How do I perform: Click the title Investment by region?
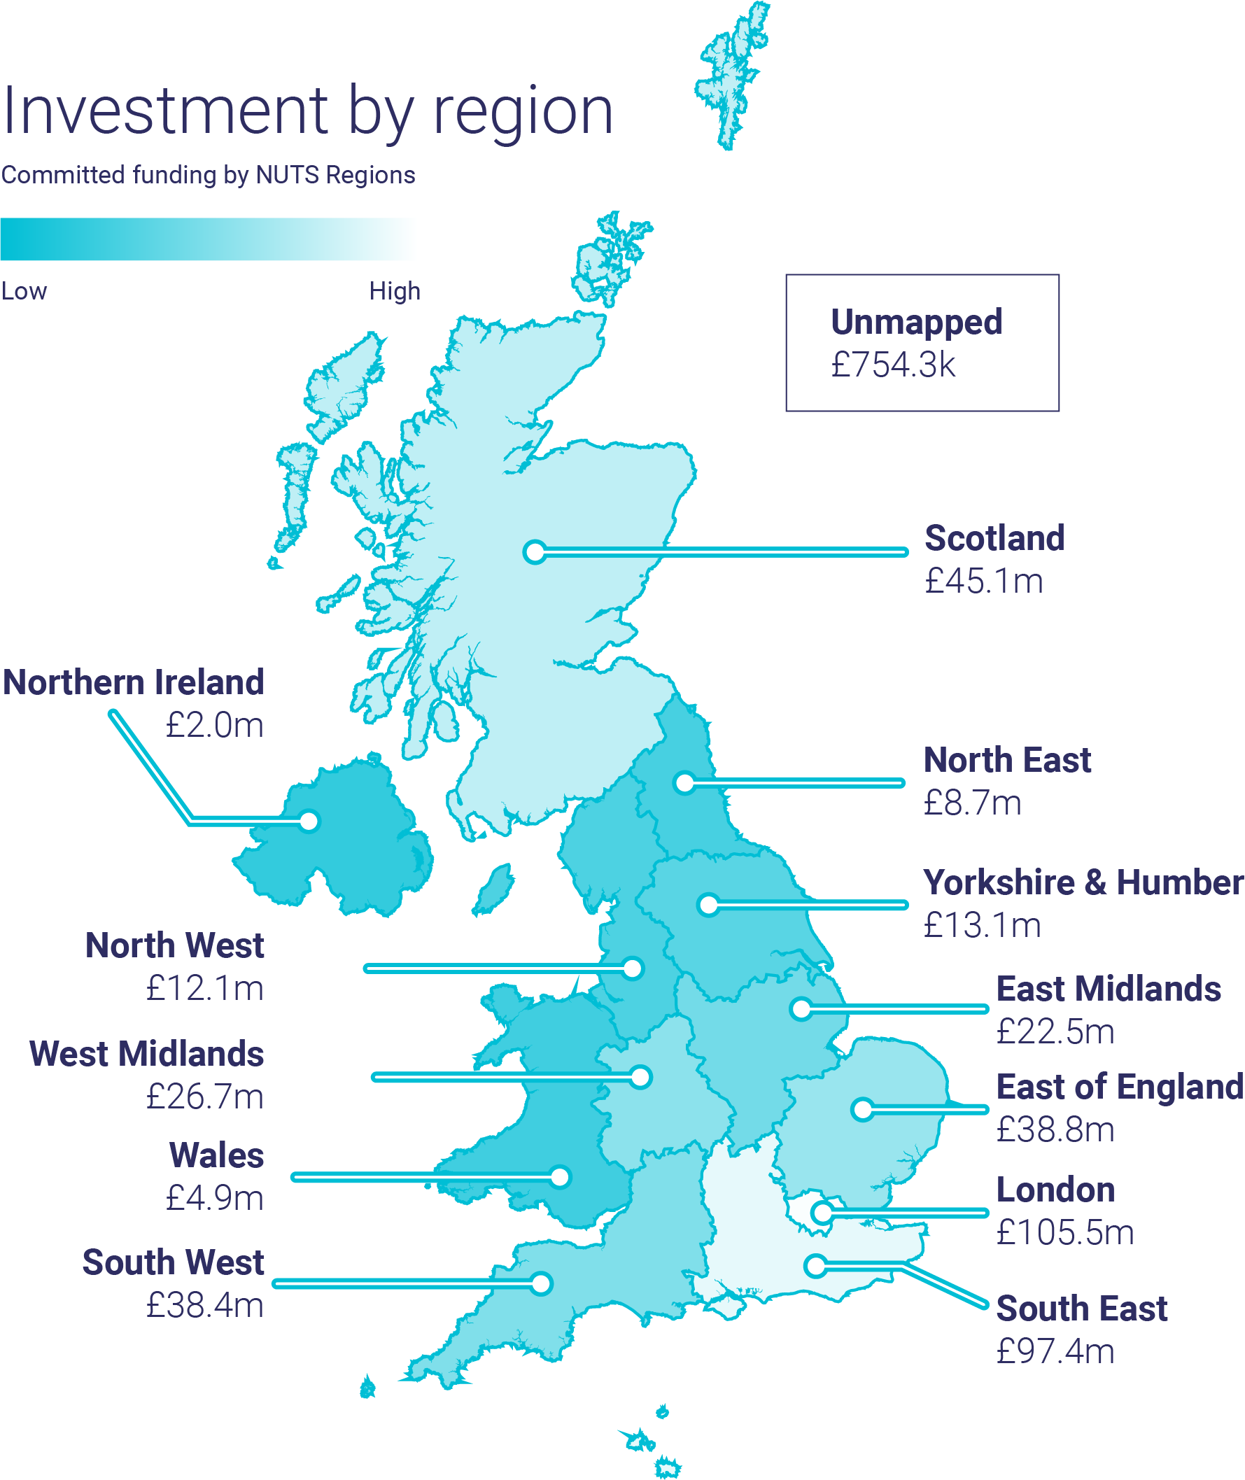pyautogui.click(x=307, y=111)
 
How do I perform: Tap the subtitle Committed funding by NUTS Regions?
pyautogui.click(x=209, y=175)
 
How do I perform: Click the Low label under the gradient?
pyautogui.click(x=24, y=292)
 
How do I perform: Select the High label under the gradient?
pyautogui.click(x=395, y=292)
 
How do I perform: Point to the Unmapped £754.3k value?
pyautogui.click(x=893, y=365)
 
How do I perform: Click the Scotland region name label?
pyautogui.click(x=994, y=539)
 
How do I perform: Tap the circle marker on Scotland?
pyautogui.click(x=535, y=552)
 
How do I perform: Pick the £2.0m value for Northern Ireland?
pyautogui.click(x=215, y=726)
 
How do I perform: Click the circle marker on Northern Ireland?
pyautogui.click(x=309, y=822)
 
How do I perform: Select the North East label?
pyautogui.click(x=1007, y=761)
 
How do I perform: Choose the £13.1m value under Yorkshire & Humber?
pyautogui.click(x=983, y=925)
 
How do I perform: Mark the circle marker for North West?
pyautogui.click(x=633, y=968)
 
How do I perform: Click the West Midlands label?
pyautogui.click(x=147, y=1055)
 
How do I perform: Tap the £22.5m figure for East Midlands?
pyautogui.click(x=1055, y=1033)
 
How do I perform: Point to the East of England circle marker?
pyautogui.click(x=861, y=1109)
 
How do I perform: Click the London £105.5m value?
pyautogui.click(x=1065, y=1233)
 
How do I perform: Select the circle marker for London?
pyautogui.click(x=822, y=1213)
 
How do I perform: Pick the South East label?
pyautogui.click(x=1081, y=1309)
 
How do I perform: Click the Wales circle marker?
pyautogui.click(x=561, y=1177)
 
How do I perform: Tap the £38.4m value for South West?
pyautogui.click(x=204, y=1306)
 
